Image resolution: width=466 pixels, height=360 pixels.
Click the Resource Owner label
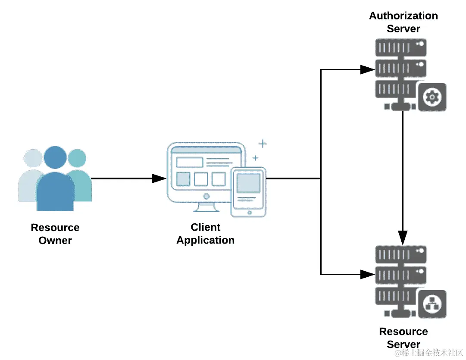pyautogui.click(x=55, y=234)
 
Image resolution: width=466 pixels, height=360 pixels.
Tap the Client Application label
pyautogui.click(x=206, y=234)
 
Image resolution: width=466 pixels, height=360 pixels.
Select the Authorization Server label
pyautogui.click(x=403, y=22)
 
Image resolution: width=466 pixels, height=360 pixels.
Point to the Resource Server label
pyautogui.click(x=403, y=338)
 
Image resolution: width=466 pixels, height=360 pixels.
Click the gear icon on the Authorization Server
pyautogui.click(x=431, y=97)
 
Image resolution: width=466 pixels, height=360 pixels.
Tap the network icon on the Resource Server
pyautogui.click(x=431, y=304)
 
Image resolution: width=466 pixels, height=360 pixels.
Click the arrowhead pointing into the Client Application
pyautogui.click(x=160, y=178)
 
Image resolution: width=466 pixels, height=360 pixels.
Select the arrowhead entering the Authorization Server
pyautogui.click(x=368, y=69)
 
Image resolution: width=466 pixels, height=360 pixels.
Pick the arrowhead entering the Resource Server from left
pyautogui.click(x=368, y=274)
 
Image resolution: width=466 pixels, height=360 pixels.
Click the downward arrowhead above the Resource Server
pyautogui.click(x=402, y=237)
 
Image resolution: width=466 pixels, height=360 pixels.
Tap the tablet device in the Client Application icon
pyautogui.click(x=248, y=192)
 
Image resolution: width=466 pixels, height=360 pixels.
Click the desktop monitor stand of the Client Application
pyautogui.click(x=206, y=207)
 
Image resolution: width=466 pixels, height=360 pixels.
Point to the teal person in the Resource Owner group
pyautogui.click(x=79, y=177)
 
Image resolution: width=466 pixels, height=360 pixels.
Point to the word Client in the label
pyautogui.click(x=206, y=227)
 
